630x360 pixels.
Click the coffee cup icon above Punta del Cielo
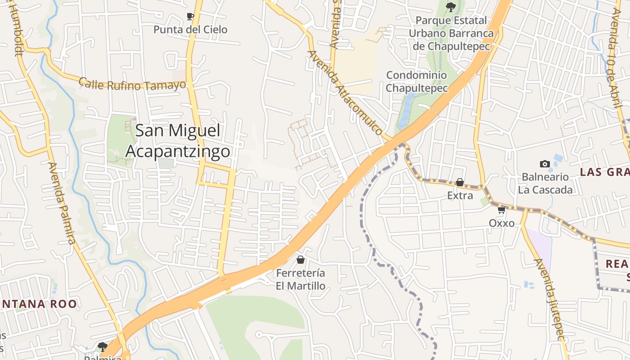tap(190, 17)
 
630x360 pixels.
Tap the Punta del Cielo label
tap(190, 30)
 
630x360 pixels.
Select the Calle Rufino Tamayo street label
tap(132, 84)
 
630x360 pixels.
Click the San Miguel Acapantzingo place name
tap(178, 141)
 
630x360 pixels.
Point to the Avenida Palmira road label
tap(62, 203)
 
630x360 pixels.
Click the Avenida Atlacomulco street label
tap(345, 93)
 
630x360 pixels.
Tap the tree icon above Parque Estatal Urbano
tap(450, 7)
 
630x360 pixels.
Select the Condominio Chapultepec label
tap(417, 81)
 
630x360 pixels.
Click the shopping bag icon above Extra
tap(460, 182)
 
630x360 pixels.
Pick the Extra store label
tap(460, 196)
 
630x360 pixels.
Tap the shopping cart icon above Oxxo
tap(502, 210)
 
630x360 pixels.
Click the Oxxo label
tap(502, 223)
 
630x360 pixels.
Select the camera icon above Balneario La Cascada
tap(545, 164)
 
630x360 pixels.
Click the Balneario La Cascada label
tap(545, 183)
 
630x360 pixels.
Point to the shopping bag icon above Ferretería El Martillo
tap(301, 260)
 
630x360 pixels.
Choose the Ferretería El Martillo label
tap(301, 279)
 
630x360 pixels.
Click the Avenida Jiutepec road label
tap(549, 300)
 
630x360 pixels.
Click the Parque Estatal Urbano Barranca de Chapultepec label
tap(451, 33)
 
